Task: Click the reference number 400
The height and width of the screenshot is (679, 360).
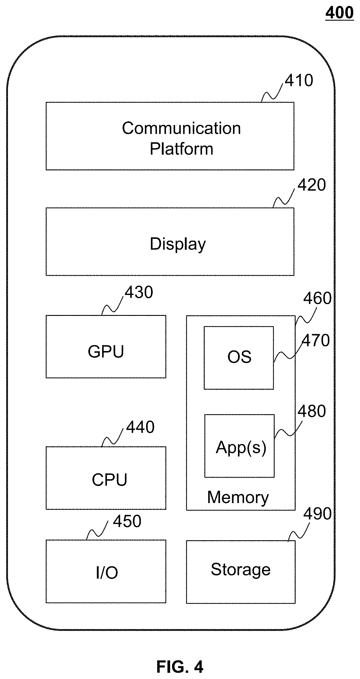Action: click(x=339, y=13)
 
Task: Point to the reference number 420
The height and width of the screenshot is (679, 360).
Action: click(x=312, y=185)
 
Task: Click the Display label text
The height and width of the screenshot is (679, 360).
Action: click(x=178, y=244)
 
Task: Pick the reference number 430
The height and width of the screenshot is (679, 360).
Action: click(x=139, y=292)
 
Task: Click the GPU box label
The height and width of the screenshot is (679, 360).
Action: click(x=106, y=352)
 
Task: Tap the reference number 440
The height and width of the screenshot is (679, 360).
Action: click(x=140, y=427)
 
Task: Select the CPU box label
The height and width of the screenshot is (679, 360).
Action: click(x=109, y=480)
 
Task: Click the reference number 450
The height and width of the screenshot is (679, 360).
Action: click(x=127, y=521)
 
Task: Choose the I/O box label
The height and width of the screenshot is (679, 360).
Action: click(x=107, y=573)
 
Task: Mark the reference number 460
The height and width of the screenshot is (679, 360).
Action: click(x=317, y=298)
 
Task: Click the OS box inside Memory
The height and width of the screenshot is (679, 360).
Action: click(x=239, y=358)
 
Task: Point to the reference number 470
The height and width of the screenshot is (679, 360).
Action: click(x=315, y=340)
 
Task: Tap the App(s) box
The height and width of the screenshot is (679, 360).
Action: click(x=240, y=446)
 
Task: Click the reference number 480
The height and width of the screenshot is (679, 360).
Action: click(x=312, y=411)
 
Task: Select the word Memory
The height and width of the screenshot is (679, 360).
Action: click(x=238, y=498)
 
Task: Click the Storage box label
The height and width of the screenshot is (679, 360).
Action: click(x=241, y=569)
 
